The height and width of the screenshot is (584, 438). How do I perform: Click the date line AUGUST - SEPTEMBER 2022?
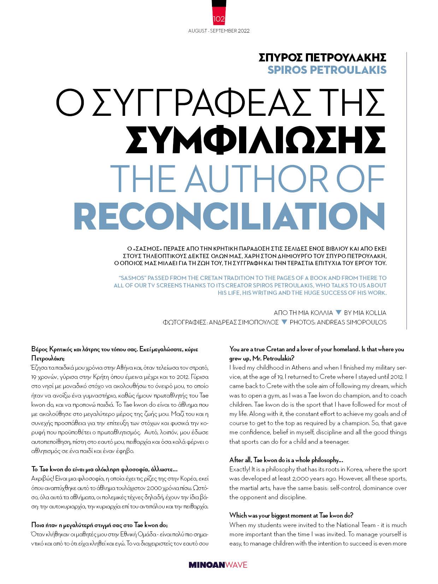pos(219,31)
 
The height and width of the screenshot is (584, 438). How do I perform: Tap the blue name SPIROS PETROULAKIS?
pos(327,70)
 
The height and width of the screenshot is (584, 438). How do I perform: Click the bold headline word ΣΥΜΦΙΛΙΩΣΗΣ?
pos(256,140)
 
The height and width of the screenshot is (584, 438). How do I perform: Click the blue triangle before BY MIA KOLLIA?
pos(338,312)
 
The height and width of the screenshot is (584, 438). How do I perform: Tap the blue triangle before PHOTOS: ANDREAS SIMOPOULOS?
pos(284,322)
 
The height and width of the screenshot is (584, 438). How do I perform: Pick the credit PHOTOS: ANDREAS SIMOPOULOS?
pos(338,322)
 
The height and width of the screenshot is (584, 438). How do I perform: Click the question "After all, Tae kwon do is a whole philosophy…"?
pos(286,460)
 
